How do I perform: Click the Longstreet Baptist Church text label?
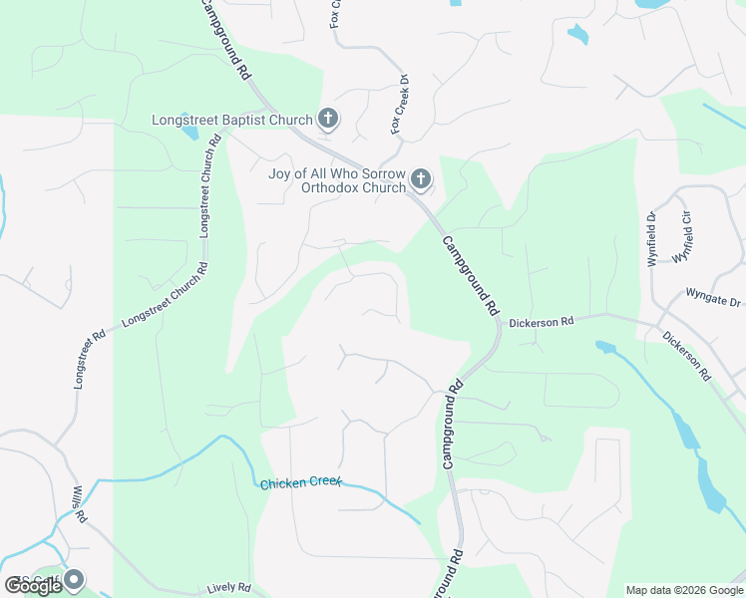pos(232,121)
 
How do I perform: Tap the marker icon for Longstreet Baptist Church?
pos(327,120)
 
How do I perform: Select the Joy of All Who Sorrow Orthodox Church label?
pos(338,180)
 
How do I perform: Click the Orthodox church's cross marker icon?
pos(421,180)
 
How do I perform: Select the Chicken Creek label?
pos(300,483)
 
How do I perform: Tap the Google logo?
pos(34,586)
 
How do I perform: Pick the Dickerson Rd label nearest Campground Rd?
pos(542,323)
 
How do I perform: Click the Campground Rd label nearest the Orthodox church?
pos(469,275)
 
